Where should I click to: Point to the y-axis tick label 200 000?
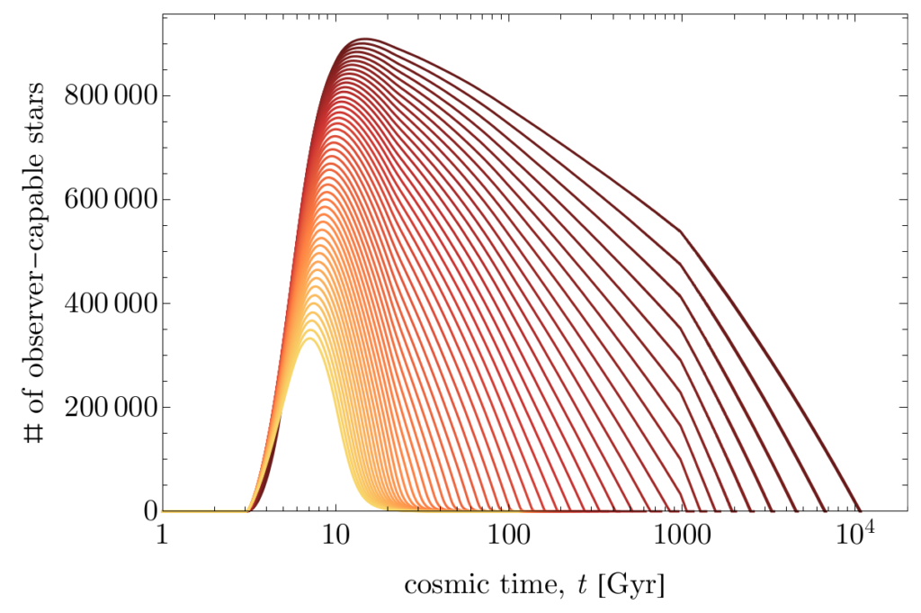[105, 407]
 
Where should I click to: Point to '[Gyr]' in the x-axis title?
[636, 586]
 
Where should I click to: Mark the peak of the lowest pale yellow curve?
[309, 339]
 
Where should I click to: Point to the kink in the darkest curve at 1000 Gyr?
[681, 232]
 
